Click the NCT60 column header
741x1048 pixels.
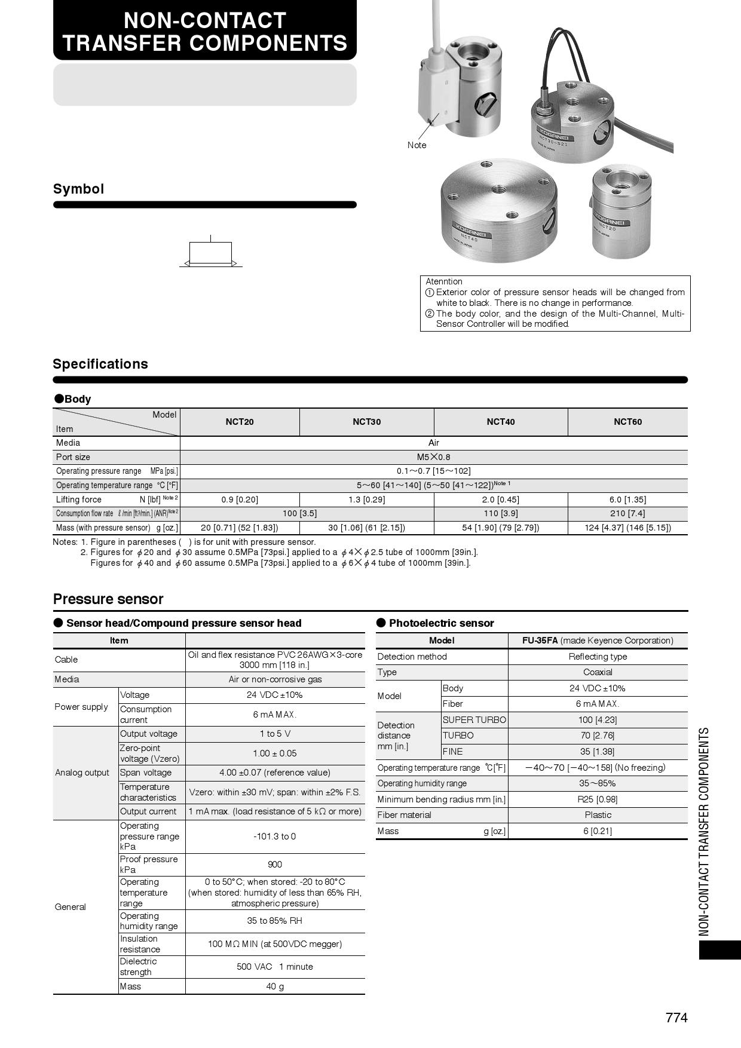point(627,422)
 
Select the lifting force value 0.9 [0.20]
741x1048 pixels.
point(239,500)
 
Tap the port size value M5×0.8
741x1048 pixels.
point(433,457)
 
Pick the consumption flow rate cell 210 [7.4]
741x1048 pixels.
point(627,513)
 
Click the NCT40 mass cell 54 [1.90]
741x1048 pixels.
point(500,528)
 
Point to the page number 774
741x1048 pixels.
point(676,1018)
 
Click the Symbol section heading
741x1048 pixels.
point(78,189)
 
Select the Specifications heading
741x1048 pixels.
point(100,364)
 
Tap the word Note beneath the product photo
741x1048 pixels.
point(417,145)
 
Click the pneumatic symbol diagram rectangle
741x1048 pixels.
point(210,253)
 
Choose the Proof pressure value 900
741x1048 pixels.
point(275,865)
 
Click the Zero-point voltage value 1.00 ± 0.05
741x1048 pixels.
point(275,753)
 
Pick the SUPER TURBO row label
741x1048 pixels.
point(474,720)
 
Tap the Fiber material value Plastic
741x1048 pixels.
point(598,815)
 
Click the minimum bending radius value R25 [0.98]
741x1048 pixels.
point(598,799)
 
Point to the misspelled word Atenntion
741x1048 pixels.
point(444,281)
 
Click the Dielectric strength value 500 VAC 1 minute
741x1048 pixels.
point(275,967)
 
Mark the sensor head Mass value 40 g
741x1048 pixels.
point(275,986)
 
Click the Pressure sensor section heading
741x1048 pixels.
point(108,599)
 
